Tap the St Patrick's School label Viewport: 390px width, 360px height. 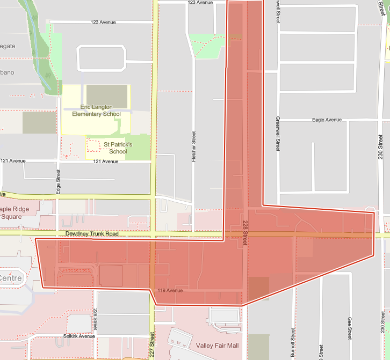pos(118,148)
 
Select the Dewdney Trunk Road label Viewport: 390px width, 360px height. pos(92,234)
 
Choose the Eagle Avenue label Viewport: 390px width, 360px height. pos(327,120)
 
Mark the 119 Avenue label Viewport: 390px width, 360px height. pos(170,290)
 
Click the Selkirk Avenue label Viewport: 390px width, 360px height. pos(78,336)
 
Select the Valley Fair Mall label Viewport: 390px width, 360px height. pos(217,346)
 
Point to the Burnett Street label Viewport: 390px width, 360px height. pos(293,342)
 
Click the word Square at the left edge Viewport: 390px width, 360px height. pos(12,216)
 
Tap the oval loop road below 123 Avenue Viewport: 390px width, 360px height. pos(102,58)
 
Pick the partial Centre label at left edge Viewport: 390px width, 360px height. pos(11,278)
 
